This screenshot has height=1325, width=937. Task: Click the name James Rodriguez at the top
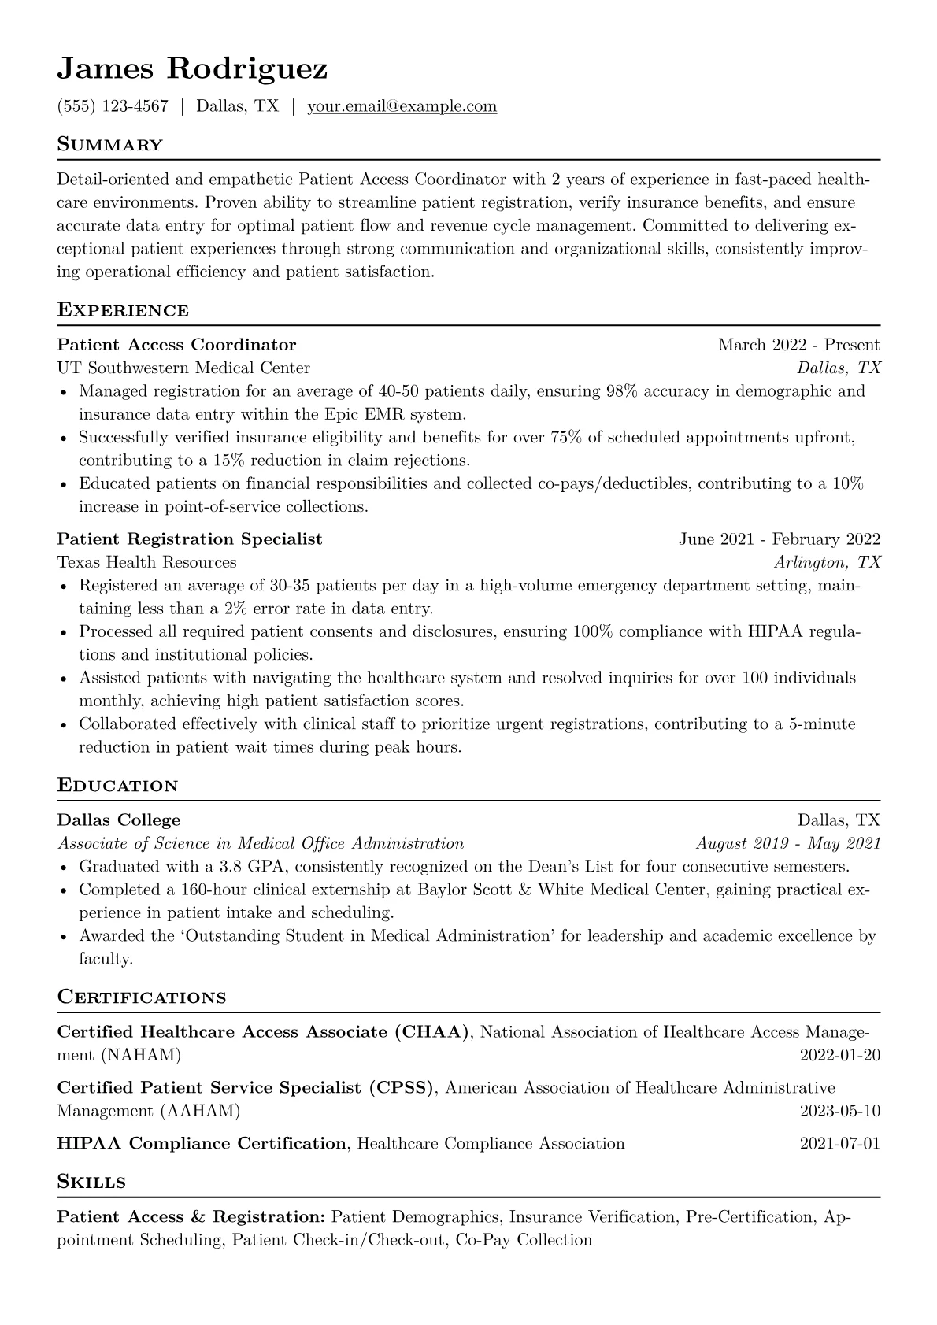(x=192, y=69)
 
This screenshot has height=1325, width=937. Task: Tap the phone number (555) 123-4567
(x=113, y=106)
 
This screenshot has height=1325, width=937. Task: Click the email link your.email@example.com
(x=402, y=106)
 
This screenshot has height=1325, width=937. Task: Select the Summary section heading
(x=109, y=145)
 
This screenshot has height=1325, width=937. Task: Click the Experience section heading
(x=123, y=310)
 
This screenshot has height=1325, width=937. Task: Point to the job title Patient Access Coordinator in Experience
(x=176, y=345)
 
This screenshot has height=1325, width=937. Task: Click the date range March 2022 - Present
(x=798, y=345)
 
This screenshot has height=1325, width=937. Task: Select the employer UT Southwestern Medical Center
(x=183, y=368)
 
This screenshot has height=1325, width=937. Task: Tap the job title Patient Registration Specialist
(x=190, y=539)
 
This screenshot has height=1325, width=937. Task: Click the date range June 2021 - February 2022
(x=780, y=539)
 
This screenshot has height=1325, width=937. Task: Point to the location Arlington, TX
(x=827, y=562)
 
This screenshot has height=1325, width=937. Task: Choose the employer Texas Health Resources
(x=146, y=562)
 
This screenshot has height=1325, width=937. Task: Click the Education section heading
(x=117, y=786)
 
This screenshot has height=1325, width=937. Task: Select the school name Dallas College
(x=119, y=820)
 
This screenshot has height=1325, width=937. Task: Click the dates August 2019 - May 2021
(x=788, y=843)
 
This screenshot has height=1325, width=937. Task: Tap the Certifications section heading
(x=142, y=997)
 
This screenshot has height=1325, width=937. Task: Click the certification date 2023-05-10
(x=839, y=1111)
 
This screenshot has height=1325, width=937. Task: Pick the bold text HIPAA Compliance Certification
(x=202, y=1143)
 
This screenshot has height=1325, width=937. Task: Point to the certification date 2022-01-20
(x=839, y=1055)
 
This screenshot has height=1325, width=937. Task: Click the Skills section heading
(x=91, y=1182)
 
